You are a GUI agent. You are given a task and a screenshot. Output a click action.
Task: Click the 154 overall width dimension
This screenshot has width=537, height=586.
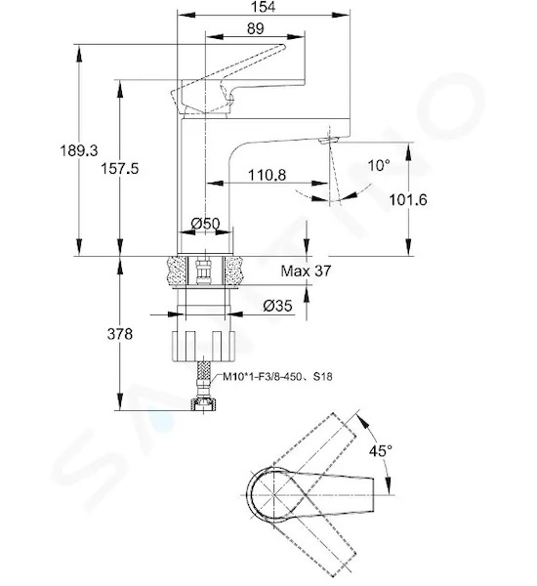tap(264, 7)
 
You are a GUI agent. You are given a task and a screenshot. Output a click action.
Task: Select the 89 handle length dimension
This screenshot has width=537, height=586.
tap(255, 28)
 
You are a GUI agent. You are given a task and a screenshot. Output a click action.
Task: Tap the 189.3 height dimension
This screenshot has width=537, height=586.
tap(79, 150)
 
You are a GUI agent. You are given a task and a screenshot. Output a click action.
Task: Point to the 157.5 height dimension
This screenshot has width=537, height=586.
tap(119, 169)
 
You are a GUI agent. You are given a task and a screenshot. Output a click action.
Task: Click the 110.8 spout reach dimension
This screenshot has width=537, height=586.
tap(268, 175)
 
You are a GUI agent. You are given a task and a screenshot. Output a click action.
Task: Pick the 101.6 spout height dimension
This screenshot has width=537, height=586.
tap(408, 200)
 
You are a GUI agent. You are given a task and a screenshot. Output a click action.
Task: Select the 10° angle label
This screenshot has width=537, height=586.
tap(379, 165)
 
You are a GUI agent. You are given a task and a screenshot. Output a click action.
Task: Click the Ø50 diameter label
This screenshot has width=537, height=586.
tap(206, 224)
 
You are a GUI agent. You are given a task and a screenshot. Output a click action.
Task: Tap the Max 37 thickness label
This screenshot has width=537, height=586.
tap(306, 271)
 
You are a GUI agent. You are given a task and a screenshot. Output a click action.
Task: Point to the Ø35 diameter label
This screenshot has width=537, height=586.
tap(277, 306)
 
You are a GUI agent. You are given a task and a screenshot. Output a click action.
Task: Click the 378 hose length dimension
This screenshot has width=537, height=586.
tap(119, 334)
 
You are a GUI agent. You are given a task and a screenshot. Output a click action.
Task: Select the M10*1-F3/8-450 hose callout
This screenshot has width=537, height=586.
tap(262, 376)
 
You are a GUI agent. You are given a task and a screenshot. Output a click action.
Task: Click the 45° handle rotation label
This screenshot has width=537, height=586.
tap(381, 450)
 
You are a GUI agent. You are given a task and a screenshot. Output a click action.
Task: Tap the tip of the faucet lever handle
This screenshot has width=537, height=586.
tap(284, 47)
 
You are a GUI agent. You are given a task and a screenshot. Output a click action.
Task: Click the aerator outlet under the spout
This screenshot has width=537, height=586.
tap(328, 141)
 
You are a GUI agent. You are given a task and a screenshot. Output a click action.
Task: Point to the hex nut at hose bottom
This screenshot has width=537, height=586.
tap(204, 404)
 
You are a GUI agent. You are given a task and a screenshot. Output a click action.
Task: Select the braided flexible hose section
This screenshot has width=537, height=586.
tap(203, 376)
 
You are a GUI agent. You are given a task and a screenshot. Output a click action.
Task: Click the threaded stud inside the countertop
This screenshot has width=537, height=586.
tap(204, 272)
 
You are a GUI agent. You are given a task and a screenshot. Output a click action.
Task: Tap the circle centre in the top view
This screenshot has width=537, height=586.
tap(274, 495)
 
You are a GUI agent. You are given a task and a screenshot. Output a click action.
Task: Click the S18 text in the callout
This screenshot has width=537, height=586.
tap(323, 376)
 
